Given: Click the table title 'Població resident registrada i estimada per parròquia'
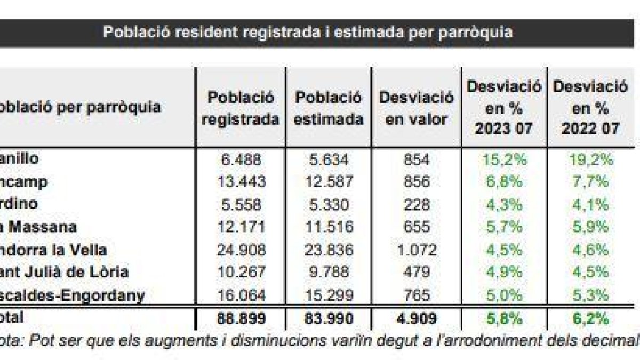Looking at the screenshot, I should [x=308, y=32].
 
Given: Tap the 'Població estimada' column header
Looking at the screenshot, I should [x=328, y=108].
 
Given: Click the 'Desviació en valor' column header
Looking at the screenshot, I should [x=416, y=108].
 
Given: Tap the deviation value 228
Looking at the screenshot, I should [x=416, y=204].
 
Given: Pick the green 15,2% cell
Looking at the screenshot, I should [x=504, y=159].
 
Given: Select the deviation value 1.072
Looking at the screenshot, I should [x=416, y=250].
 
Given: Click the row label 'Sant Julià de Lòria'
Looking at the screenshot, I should [x=64, y=272].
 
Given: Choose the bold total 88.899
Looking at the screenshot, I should [x=242, y=318].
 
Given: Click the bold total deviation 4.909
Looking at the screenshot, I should [x=416, y=318].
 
